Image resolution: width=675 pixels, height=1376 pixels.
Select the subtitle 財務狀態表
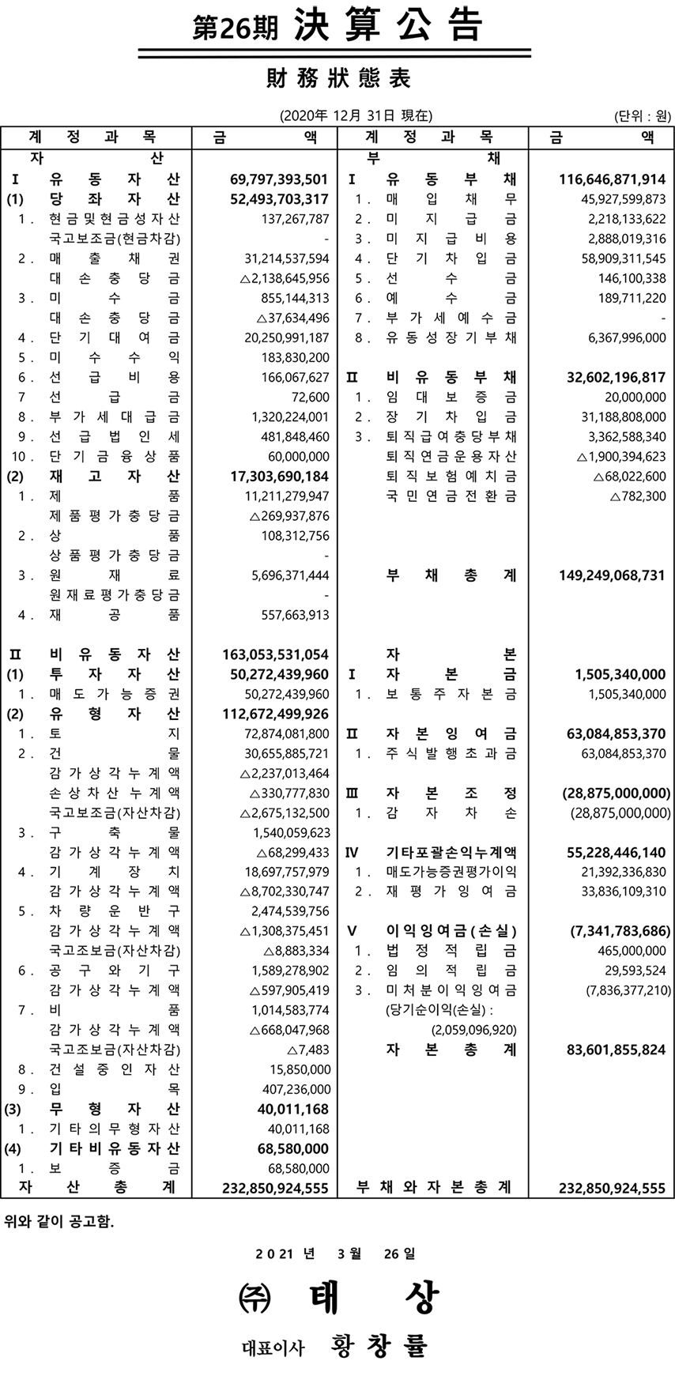click(x=339, y=79)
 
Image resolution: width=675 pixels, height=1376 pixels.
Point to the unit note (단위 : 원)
click(x=642, y=116)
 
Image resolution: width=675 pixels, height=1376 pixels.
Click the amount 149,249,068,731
click(x=612, y=575)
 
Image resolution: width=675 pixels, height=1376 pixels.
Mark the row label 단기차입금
click(x=451, y=258)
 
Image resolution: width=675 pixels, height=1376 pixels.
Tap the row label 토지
click(x=115, y=734)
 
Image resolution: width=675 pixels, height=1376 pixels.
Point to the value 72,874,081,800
click(x=287, y=734)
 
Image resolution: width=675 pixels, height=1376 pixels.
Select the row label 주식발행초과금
click(x=451, y=754)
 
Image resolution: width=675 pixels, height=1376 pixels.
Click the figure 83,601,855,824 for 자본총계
click(x=616, y=1050)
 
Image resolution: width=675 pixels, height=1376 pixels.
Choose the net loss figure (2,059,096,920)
click(x=473, y=1030)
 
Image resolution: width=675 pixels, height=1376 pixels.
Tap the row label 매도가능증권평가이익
click(x=451, y=872)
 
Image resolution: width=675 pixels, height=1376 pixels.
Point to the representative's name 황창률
click(x=380, y=1344)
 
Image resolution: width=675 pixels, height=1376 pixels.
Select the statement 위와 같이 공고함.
click(x=59, y=1222)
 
